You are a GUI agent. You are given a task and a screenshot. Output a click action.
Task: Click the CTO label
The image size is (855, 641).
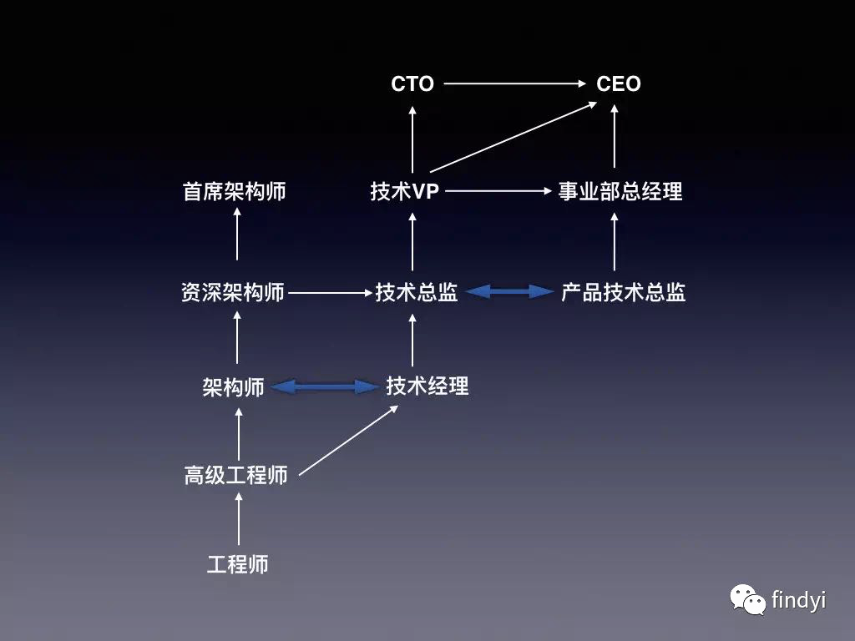[x=412, y=83]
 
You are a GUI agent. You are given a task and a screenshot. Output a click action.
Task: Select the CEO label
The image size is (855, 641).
[x=619, y=83]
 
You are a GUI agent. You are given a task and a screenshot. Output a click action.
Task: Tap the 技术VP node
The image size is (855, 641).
[x=405, y=191]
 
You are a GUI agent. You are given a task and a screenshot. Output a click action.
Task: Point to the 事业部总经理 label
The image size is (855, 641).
[x=620, y=191]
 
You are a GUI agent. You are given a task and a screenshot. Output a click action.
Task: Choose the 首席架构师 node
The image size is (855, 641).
[x=235, y=191]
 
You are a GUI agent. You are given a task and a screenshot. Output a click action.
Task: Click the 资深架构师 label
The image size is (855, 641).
[x=233, y=292]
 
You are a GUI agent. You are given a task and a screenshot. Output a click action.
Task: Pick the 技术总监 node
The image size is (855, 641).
[x=417, y=292]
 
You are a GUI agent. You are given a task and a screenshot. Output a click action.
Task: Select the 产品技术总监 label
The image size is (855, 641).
[x=624, y=292]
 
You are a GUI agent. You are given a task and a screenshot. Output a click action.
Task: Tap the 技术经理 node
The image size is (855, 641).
[x=427, y=386]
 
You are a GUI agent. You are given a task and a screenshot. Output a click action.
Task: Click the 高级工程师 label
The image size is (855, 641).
[x=236, y=475]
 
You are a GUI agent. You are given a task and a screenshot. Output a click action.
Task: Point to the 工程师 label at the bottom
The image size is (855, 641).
[x=238, y=564]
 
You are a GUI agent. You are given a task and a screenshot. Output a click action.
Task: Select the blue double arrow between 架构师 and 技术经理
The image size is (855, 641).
[x=325, y=386]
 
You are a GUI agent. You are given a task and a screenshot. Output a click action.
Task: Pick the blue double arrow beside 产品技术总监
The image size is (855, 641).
[x=509, y=291]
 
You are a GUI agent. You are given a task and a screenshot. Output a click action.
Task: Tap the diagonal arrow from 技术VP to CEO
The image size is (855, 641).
[x=514, y=137]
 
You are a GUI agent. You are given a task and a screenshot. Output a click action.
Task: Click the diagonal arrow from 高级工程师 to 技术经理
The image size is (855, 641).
[x=348, y=440]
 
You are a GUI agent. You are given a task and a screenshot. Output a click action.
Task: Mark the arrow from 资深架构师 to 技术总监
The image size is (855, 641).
[x=329, y=293]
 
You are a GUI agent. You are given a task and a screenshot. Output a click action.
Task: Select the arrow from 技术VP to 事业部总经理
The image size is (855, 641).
[x=498, y=191]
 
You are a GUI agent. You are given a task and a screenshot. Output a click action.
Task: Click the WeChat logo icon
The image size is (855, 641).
[x=747, y=598]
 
